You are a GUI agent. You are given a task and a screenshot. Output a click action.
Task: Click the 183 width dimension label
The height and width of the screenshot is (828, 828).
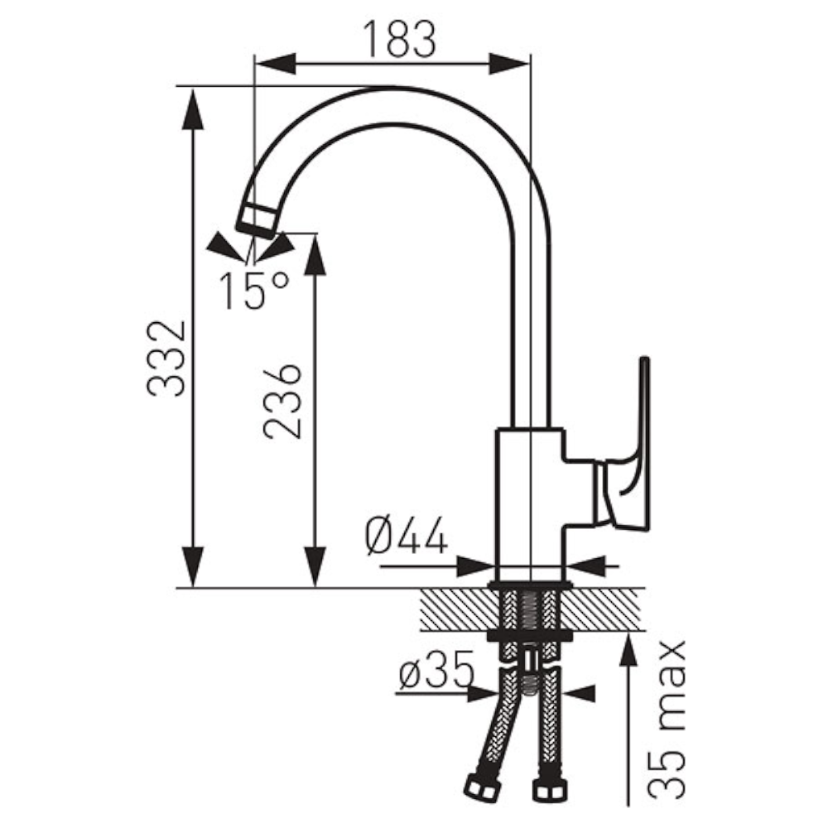[400, 39]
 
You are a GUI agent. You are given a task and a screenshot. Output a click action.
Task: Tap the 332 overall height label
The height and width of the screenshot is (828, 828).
[166, 358]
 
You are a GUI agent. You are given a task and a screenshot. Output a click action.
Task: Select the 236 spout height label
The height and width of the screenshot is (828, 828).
[282, 402]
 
